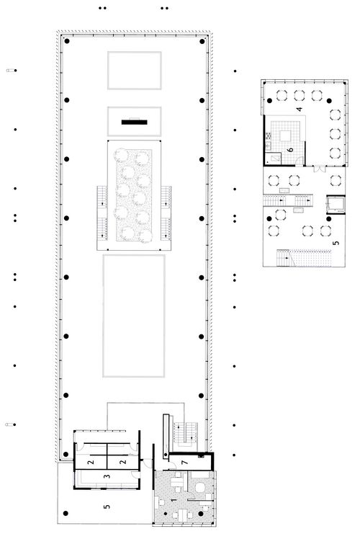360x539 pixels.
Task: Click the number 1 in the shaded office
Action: (x=174, y=499)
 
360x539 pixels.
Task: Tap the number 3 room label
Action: (x=107, y=476)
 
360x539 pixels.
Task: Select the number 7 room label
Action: (x=185, y=463)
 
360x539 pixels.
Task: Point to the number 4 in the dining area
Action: (x=300, y=110)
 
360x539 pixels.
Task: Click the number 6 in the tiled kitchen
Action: (x=291, y=150)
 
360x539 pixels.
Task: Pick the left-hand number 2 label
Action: (x=91, y=462)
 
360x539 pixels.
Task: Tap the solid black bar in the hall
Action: (x=135, y=122)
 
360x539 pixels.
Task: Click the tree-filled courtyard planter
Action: (x=134, y=195)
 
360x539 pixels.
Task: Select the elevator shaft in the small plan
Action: (x=336, y=205)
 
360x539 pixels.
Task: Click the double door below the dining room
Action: (x=319, y=169)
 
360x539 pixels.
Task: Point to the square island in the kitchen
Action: (x=286, y=136)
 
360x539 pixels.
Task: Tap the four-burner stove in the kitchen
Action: (x=268, y=135)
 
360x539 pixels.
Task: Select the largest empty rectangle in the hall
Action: (x=134, y=316)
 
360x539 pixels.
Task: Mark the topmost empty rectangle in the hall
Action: (x=135, y=71)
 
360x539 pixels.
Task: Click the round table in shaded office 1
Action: (x=199, y=487)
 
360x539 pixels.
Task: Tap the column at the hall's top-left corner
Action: (x=67, y=41)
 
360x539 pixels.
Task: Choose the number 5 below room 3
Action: (x=107, y=506)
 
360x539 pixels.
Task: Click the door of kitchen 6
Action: (x=300, y=161)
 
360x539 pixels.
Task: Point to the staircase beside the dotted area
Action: (x=284, y=258)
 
